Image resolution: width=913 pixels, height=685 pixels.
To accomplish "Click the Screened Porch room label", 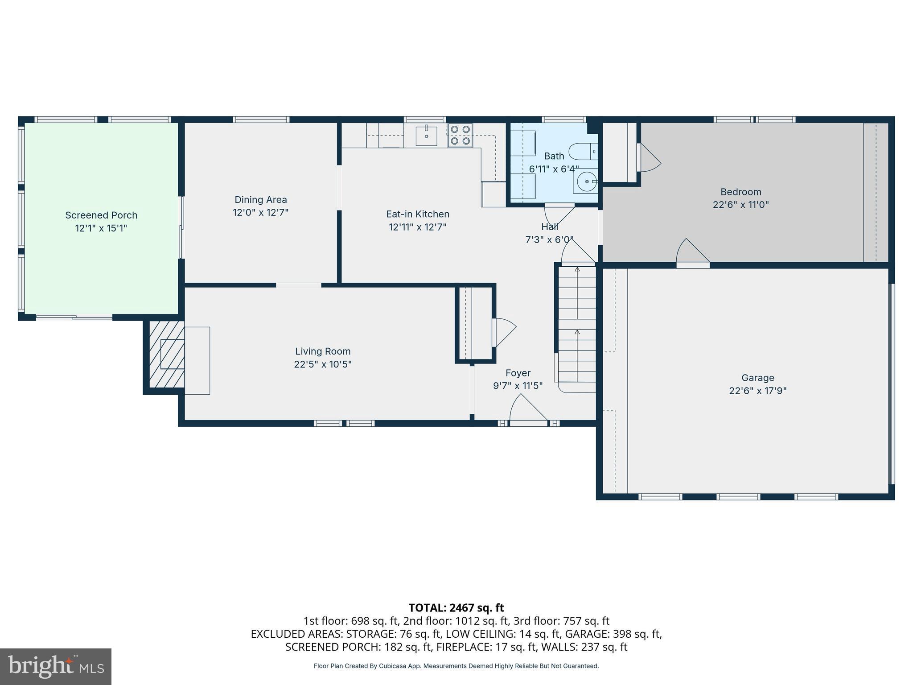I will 101,215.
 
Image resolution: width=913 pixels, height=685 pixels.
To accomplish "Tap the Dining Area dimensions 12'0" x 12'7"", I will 260,213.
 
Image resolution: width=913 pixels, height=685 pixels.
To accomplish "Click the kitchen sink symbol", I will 426,136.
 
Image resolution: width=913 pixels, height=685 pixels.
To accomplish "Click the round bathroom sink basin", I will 586,182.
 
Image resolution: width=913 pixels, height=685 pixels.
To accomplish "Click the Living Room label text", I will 323,351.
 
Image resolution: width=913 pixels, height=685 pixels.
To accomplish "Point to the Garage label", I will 757,378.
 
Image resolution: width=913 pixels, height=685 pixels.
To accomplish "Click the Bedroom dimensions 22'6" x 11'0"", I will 740,205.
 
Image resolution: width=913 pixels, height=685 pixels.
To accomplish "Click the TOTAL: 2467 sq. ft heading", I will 456,608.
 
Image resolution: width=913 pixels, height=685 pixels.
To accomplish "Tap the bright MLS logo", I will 56,666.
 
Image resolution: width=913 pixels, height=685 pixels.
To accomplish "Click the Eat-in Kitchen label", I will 417,215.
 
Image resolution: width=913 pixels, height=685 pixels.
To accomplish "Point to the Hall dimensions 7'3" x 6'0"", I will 549,240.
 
